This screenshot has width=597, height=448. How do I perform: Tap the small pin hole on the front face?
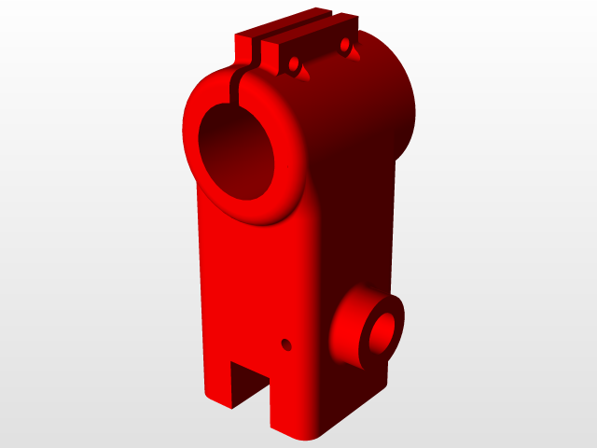click(x=286, y=344)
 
